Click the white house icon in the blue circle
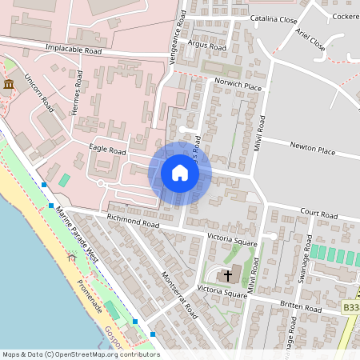pos(180,173)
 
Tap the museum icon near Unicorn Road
pos(9,84)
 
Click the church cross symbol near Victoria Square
pos(228,275)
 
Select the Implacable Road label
pos(74,50)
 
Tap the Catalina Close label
pos(273,19)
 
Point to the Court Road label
pos(319,214)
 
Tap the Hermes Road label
pos(78,92)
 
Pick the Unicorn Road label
pos(38,94)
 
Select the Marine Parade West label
pos(77,234)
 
